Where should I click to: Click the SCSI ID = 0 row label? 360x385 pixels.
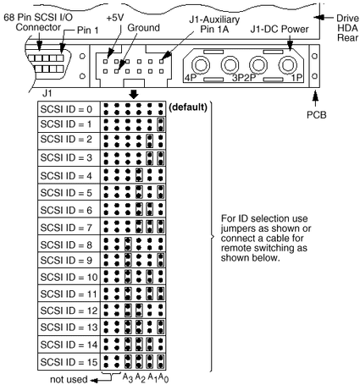click(x=66, y=109)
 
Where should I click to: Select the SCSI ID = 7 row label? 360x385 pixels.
click(x=66, y=228)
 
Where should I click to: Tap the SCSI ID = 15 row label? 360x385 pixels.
click(x=69, y=362)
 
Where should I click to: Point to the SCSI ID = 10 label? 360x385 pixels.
click(x=69, y=278)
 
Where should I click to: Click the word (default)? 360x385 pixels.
click(x=188, y=107)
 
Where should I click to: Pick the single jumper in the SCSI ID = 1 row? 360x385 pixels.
click(x=161, y=124)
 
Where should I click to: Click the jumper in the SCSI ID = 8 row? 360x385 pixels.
click(x=128, y=245)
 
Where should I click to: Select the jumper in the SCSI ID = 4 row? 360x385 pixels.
click(x=139, y=175)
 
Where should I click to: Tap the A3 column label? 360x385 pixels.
click(x=128, y=377)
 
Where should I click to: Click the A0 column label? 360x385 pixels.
click(x=163, y=377)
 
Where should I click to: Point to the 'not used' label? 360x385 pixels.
click(x=69, y=379)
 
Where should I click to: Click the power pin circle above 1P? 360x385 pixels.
click(x=287, y=65)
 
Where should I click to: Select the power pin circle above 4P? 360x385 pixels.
click(x=200, y=65)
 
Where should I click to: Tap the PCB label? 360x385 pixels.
click(x=317, y=115)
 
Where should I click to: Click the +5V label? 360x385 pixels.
click(x=115, y=18)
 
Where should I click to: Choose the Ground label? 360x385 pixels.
click(x=143, y=28)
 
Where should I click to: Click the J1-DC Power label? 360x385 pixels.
click(x=280, y=29)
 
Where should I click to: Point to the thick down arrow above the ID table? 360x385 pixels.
click(x=134, y=94)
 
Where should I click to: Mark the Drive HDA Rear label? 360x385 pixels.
click(x=347, y=28)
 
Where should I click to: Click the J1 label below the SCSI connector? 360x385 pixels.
click(x=47, y=93)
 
